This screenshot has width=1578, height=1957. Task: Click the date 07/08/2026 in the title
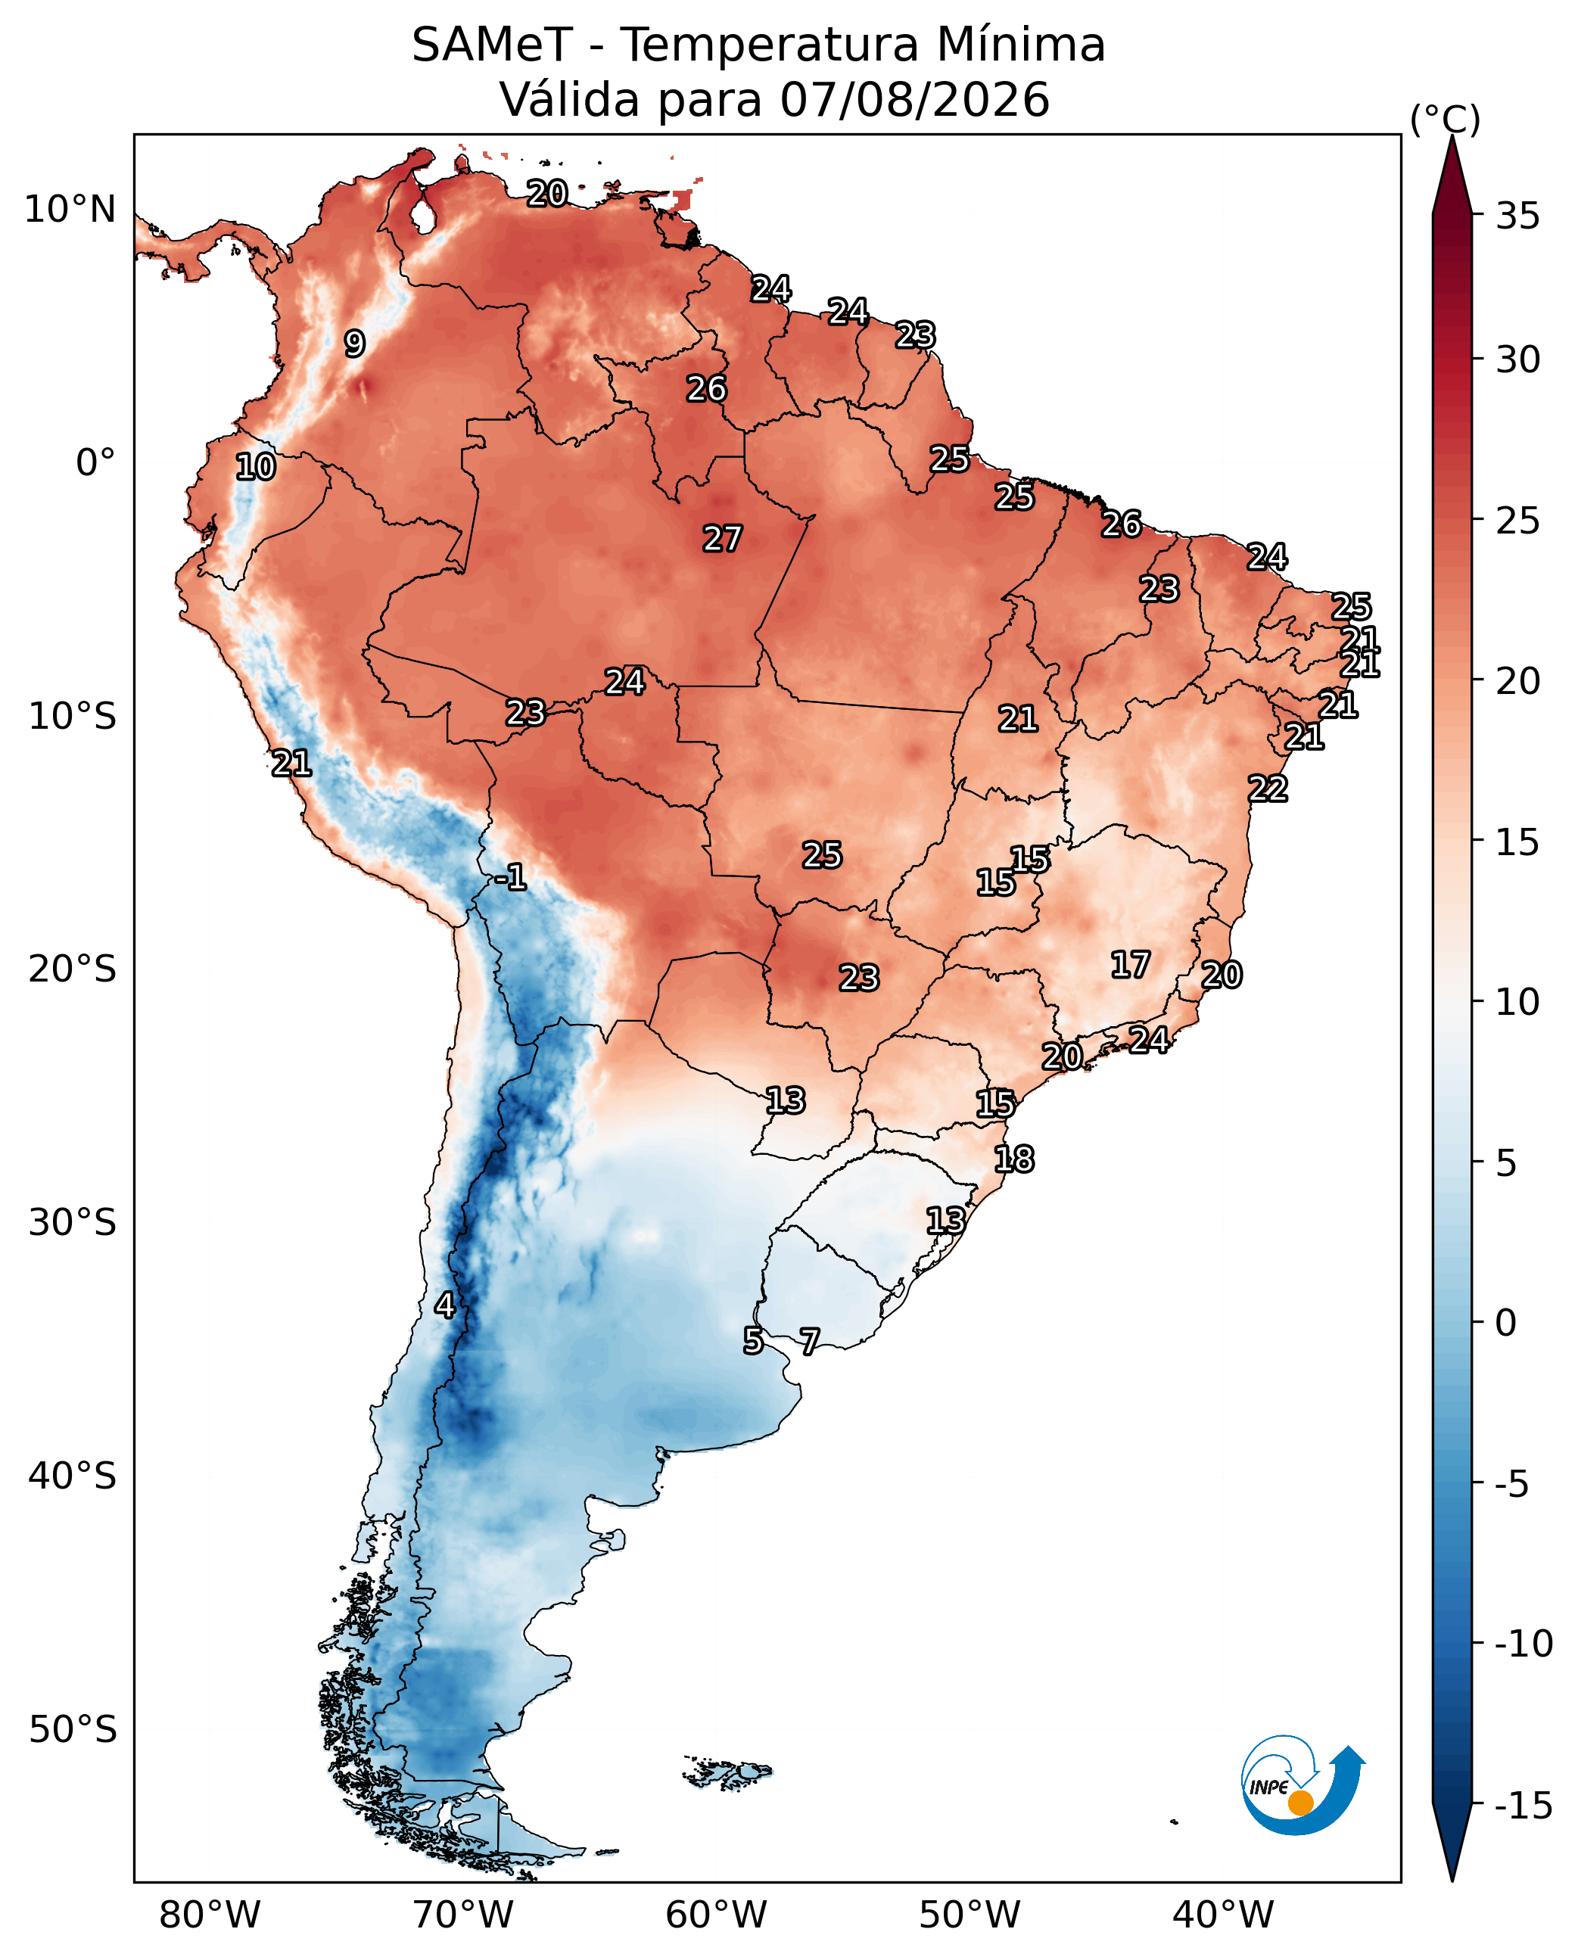(x=914, y=99)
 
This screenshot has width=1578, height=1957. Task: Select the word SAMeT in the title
(x=492, y=45)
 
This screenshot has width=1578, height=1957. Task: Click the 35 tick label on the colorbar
(x=1517, y=216)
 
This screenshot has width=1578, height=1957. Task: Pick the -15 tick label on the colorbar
(x=1524, y=1806)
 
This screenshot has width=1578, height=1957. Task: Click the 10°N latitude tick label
(x=70, y=209)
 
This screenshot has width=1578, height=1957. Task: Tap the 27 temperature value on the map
(x=723, y=539)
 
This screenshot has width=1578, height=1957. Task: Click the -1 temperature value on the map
(x=511, y=877)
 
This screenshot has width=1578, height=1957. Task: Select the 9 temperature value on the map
(x=354, y=344)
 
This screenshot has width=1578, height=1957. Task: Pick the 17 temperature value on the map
(x=1131, y=964)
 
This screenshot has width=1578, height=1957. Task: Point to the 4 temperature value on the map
(x=444, y=1305)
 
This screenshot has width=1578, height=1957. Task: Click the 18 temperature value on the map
(x=1014, y=1159)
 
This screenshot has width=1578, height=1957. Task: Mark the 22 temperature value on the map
(x=1268, y=788)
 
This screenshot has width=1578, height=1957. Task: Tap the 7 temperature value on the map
(x=809, y=1341)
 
